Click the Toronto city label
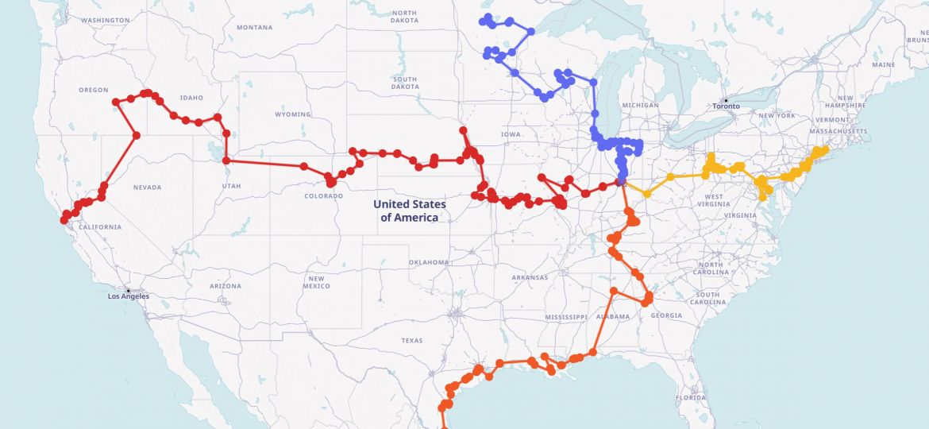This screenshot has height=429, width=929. click(x=726, y=106)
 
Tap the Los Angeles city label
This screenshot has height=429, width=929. click(x=129, y=296)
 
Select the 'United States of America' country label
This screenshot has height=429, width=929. click(x=409, y=211)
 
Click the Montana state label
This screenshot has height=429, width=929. click(x=254, y=27)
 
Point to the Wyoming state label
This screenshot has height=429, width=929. click(x=293, y=114)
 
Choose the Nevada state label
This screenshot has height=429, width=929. click(x=147, y=187)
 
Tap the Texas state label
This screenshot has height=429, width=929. click(x=412, y=340)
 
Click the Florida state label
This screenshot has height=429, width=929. click(x=691, y=397)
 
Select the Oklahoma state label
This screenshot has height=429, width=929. click(x=429, y=262)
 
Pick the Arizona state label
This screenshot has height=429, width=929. click(x=226, y=286)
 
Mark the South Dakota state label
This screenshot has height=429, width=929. click(x=404, y=83)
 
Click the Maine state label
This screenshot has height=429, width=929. click(x=883, y=64)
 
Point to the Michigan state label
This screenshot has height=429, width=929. click(x=641, y=105)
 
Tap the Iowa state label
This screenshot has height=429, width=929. click(x=511, y=134)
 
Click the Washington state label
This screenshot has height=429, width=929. click(x=106, y=20)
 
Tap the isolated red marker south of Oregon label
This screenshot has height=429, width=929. click(x=136, y=135)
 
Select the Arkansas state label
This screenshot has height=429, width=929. click(x=530, y=277)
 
